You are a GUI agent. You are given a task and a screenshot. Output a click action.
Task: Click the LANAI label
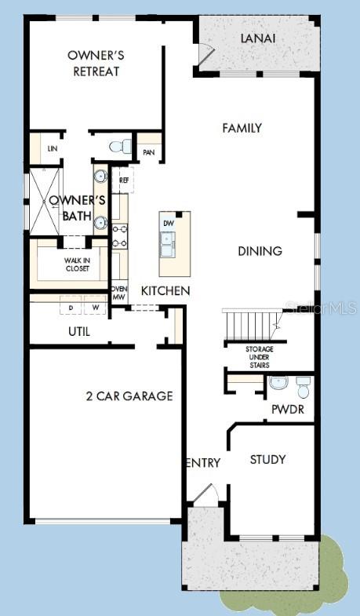point(257,38)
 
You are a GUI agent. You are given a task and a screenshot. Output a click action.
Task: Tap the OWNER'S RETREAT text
point(95,64)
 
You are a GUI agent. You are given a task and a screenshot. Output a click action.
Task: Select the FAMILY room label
point(242,128)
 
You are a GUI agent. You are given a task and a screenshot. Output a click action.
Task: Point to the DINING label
point(260,251)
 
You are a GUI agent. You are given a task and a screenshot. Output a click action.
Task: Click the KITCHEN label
point(165,291)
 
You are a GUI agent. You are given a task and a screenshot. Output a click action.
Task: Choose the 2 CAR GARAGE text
point(129,395)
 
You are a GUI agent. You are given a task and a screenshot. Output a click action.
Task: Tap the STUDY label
point(267,459)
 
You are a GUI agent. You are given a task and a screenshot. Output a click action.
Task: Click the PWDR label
point(287,409)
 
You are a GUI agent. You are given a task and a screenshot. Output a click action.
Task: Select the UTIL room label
point(78,332)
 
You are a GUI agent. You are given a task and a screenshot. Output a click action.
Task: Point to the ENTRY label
point(203,463)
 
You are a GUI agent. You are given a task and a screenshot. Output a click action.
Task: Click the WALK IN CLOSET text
point(66,264)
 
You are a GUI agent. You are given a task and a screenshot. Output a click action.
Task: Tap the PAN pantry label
point(147,152)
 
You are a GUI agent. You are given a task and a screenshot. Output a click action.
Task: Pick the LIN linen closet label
point(53,148)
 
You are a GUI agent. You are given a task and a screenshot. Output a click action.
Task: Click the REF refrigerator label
point(123,180)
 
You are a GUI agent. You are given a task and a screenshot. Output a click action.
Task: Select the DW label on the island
point(168,223)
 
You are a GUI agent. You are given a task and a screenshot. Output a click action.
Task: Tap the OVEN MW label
point(118,293)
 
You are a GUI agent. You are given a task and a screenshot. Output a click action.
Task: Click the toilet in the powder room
point(302,385)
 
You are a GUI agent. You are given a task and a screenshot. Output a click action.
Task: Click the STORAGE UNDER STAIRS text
point(258,357)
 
